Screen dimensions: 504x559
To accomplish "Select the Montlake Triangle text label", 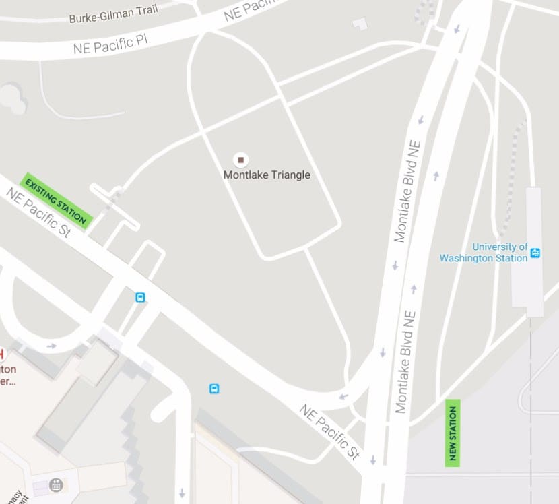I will (267, 175).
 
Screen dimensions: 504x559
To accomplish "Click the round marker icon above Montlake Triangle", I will (240, 160).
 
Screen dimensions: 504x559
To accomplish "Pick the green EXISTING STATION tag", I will (56, 200).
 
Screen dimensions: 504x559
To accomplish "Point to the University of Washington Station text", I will (484, 253).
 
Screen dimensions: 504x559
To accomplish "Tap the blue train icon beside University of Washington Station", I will (535, 253).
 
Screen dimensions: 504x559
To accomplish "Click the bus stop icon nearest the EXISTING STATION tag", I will (140, 297).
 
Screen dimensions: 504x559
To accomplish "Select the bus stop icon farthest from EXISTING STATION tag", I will (214, 388).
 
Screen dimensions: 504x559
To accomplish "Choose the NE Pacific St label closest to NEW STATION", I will (329, 432).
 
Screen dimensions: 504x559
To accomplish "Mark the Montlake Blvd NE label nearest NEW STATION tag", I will (405, 361).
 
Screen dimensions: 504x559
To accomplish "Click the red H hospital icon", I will (2, 354).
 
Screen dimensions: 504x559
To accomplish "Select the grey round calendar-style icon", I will (56, 484).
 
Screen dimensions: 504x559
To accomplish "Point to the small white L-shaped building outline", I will (361, 24).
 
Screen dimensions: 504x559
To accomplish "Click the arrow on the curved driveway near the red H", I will (51, 346).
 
